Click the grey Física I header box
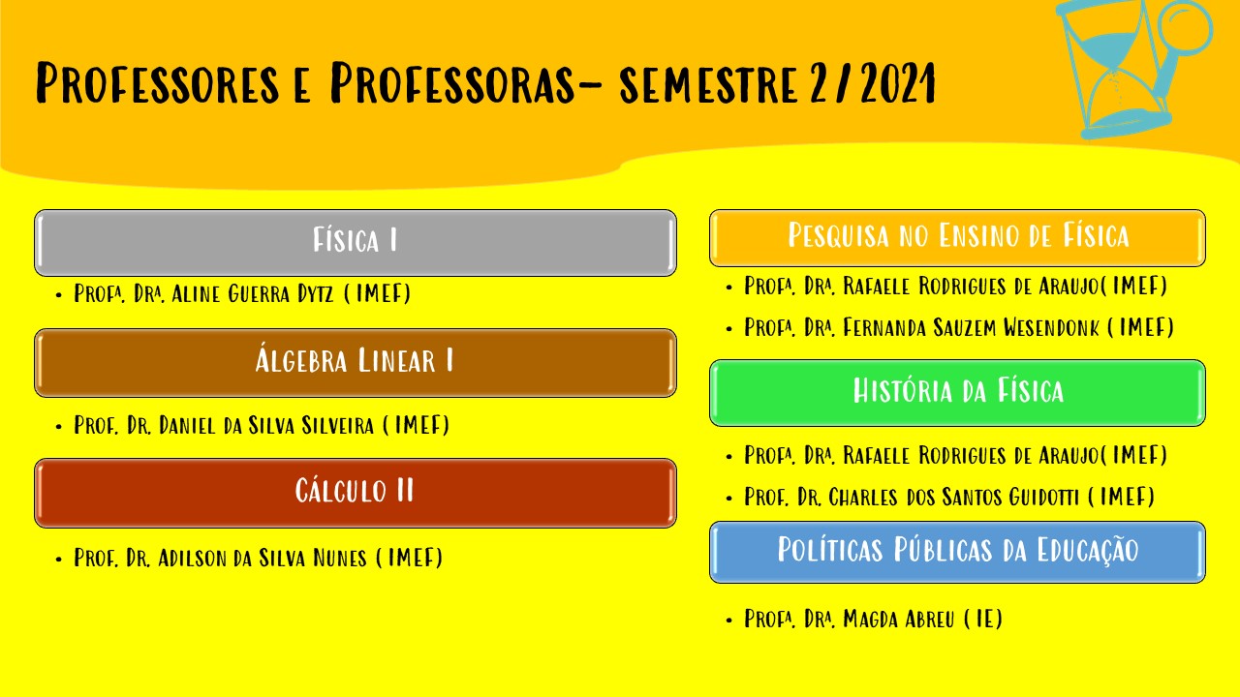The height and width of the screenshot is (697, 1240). point(356,242)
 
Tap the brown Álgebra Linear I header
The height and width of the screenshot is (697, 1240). point(356,363)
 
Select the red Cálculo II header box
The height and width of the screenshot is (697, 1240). point(356,493)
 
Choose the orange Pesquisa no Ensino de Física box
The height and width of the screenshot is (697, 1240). point(957,238)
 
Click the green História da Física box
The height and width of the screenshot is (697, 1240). point(957,393)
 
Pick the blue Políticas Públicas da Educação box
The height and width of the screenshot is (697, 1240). point(957,552)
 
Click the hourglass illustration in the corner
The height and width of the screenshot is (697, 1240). point(1130,69)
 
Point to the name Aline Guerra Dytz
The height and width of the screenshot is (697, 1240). point(253,293)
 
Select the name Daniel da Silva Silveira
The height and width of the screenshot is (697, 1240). point(266,425)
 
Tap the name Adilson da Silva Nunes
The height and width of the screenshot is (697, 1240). point(263,558)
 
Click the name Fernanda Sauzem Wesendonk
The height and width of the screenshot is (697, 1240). point(971,327)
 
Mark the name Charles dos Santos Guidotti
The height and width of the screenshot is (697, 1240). point(954,497)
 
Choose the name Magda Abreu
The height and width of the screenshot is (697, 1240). point(899,619)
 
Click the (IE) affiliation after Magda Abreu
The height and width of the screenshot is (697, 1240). point(983,619)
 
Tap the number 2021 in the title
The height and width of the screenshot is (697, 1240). point(898,83)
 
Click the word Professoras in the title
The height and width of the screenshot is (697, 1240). point(452,83)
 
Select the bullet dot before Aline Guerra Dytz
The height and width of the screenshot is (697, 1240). point(59,295)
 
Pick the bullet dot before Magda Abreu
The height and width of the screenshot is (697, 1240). point(729,621)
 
